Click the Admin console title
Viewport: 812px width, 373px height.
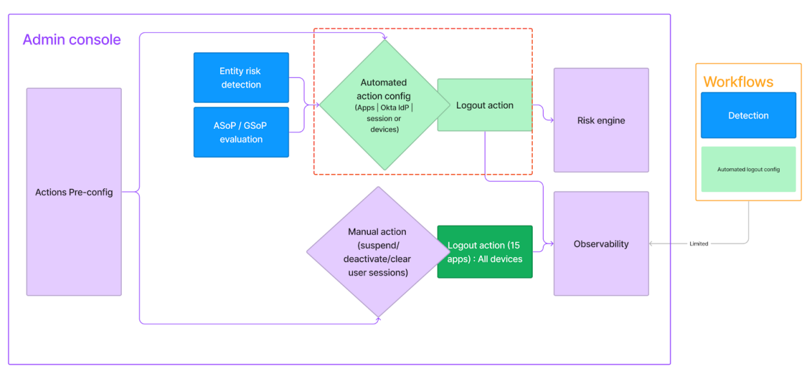coord(72,39)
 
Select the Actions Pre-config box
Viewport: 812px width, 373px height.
coord(74,192)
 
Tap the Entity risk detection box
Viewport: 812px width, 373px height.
coord(241,77)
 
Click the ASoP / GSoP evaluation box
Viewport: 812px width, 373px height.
coord(241,132)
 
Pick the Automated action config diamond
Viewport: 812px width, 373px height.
coord(384,105)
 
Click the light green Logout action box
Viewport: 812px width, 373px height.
coord(485,105)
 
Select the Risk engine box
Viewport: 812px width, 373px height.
coord(601,121)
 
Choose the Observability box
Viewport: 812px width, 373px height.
coord(601,244)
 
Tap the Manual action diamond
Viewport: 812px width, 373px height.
coord(377,252)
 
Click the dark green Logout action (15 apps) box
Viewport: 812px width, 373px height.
coord(485,252)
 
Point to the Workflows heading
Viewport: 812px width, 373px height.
coord(738,82)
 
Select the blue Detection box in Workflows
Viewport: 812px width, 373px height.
coord(748,115)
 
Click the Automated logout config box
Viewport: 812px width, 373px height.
coord(748,169)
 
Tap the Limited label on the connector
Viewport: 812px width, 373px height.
coord(698,244)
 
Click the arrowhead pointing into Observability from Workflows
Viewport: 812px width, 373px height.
coord(652,244)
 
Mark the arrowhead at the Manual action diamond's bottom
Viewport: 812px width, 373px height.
coord(379,320)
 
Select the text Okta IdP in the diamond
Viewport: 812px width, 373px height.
coord(395,108)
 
